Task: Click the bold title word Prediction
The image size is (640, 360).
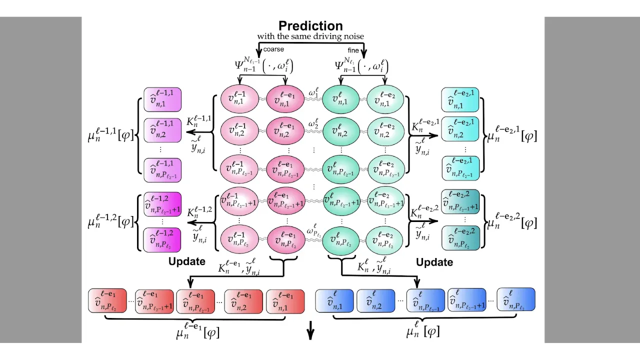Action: coord(310,26)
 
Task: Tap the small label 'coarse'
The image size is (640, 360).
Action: coord(273,49)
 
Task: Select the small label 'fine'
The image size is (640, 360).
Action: coord(353,50)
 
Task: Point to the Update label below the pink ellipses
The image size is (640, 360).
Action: coord(186,261)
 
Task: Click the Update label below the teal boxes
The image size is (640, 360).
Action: coord(434,262)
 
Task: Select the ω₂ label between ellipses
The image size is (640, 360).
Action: coord(313,123)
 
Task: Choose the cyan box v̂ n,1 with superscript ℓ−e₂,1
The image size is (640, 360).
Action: coord(460,100)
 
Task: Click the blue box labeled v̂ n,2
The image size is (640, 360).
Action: coord(374,300)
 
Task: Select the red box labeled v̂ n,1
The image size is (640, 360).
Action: coord(285,301)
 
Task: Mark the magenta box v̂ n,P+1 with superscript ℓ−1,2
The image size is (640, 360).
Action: coord(162,204)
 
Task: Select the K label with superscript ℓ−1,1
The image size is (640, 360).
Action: coord(198,121)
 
